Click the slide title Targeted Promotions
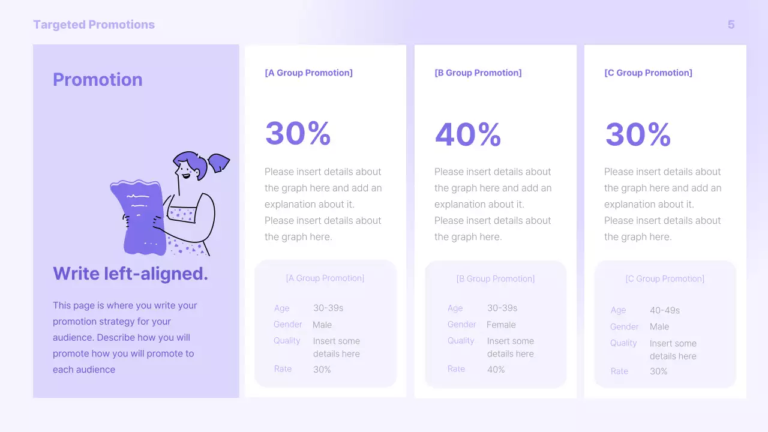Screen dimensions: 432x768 (x=94, y=25)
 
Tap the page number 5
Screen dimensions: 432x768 (x=731, y=25)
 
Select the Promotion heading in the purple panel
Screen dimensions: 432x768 (x=98, y=80)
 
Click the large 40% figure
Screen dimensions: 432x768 (x=468, y=134)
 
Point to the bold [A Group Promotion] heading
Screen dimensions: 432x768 (x=308, y=73)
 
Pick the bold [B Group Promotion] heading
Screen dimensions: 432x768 (x=478, y=73)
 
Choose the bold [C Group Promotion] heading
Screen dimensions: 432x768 (x=648, y=73)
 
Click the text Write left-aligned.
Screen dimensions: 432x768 (x=130, y=274)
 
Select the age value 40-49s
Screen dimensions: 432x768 (x=665, y=310)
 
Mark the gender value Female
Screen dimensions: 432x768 (x=501, y=325)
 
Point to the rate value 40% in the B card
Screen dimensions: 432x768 (x=496, y=370)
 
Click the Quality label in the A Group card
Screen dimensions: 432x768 (x=287, y=341)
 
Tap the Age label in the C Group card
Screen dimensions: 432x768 (x=618, y=310)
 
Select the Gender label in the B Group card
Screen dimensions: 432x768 (x=461, y=325)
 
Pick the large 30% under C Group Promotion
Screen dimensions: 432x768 (x=638, y=134)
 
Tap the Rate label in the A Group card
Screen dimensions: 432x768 (x=283, y=369)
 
